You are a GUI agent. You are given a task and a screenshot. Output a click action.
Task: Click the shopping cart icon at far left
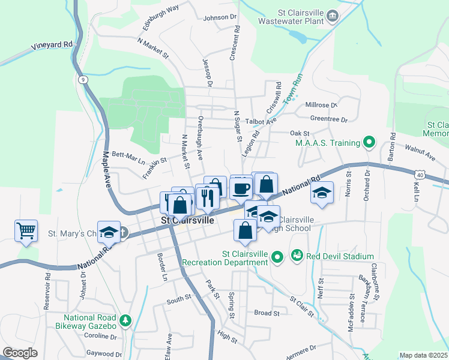[x=26, y=230]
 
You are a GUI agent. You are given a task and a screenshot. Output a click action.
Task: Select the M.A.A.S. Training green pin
[x=369, y=143]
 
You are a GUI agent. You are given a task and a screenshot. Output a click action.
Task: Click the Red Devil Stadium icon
[x=297, y=256]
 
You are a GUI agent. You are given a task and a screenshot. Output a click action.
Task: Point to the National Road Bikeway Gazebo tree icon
[x=125, y=321]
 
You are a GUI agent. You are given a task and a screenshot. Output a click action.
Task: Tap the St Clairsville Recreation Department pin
[x=277, y=258]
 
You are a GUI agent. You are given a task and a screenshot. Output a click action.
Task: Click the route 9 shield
[x=82, y=79]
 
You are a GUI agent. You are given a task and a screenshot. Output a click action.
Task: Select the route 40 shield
[x=420, y=175]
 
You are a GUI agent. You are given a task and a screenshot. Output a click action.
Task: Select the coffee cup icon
[x=241, y=188]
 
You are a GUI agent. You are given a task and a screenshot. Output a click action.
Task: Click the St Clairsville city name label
[x=188, y=220]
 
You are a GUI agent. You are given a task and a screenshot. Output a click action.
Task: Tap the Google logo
[x=20, y=353]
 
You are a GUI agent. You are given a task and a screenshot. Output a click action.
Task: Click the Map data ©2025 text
[x=423, y=355]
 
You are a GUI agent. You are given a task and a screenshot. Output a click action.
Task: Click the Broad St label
[x=267, y=313]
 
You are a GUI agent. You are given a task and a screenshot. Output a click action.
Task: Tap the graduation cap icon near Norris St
[x=322, y=193]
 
